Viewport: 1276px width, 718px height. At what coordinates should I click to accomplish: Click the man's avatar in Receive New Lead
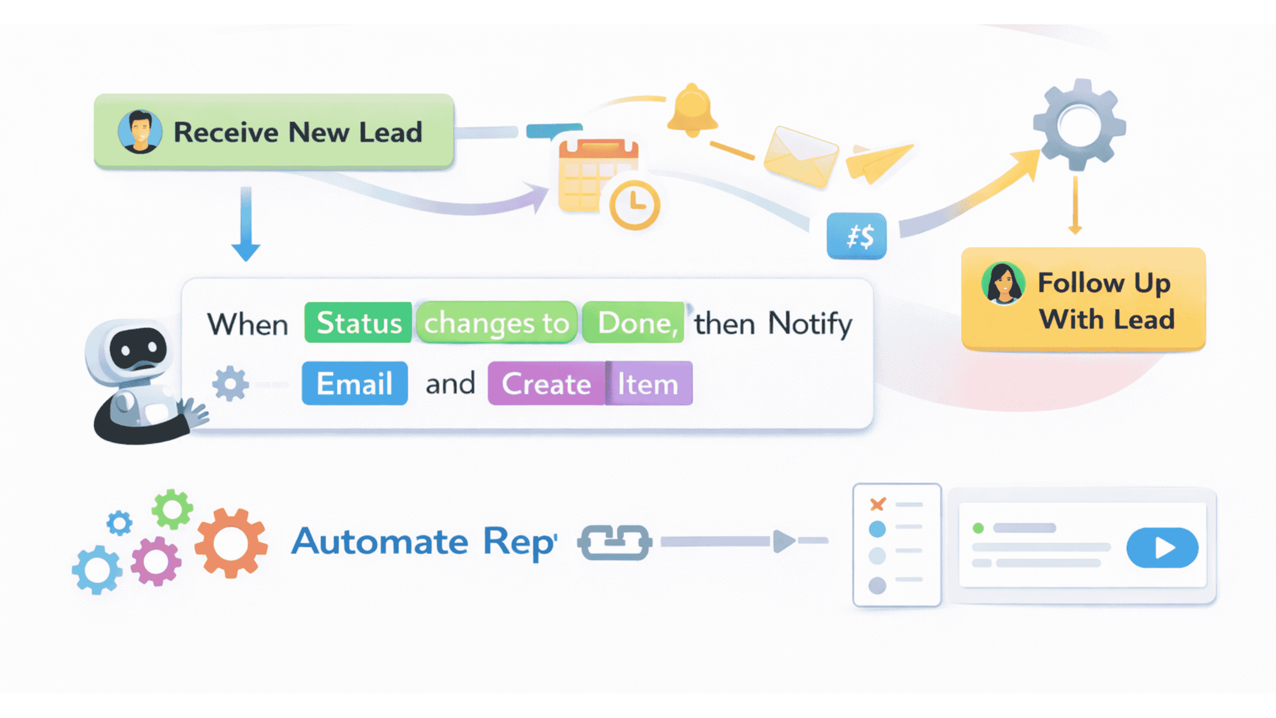pos(140,132)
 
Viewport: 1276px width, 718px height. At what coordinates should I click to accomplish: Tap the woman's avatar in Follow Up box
pos(1004,283)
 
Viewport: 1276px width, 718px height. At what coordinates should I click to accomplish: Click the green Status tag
pos(358,323)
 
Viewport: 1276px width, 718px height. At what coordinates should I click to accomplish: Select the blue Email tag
pos(355,384)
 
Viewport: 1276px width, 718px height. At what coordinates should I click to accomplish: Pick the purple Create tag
pos(546,384)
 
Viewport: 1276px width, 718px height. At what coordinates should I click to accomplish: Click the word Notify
pos(810,324)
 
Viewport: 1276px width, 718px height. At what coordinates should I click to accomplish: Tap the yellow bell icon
pos(692,110)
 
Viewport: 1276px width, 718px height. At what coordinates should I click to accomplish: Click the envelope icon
pos(801,156)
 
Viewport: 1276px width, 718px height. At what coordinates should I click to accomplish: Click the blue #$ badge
pos(857,236)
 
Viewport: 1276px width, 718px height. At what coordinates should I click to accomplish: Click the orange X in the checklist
pos(878,504)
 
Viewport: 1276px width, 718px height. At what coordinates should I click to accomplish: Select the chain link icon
pos(614,542)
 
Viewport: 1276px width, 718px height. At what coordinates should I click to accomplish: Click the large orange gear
pos(230,543)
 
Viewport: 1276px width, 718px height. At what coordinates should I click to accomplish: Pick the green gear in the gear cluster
pos(172,509)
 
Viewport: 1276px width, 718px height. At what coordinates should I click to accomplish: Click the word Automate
pos(380,542)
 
